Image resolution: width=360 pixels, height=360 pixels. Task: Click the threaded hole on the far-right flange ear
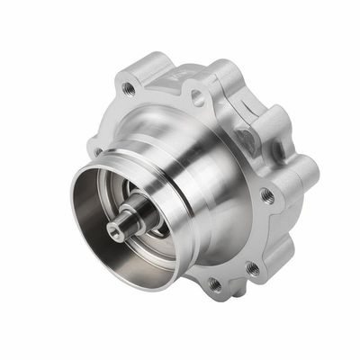pos(267,195)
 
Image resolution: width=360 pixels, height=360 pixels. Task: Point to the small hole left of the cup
pos(95,150)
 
